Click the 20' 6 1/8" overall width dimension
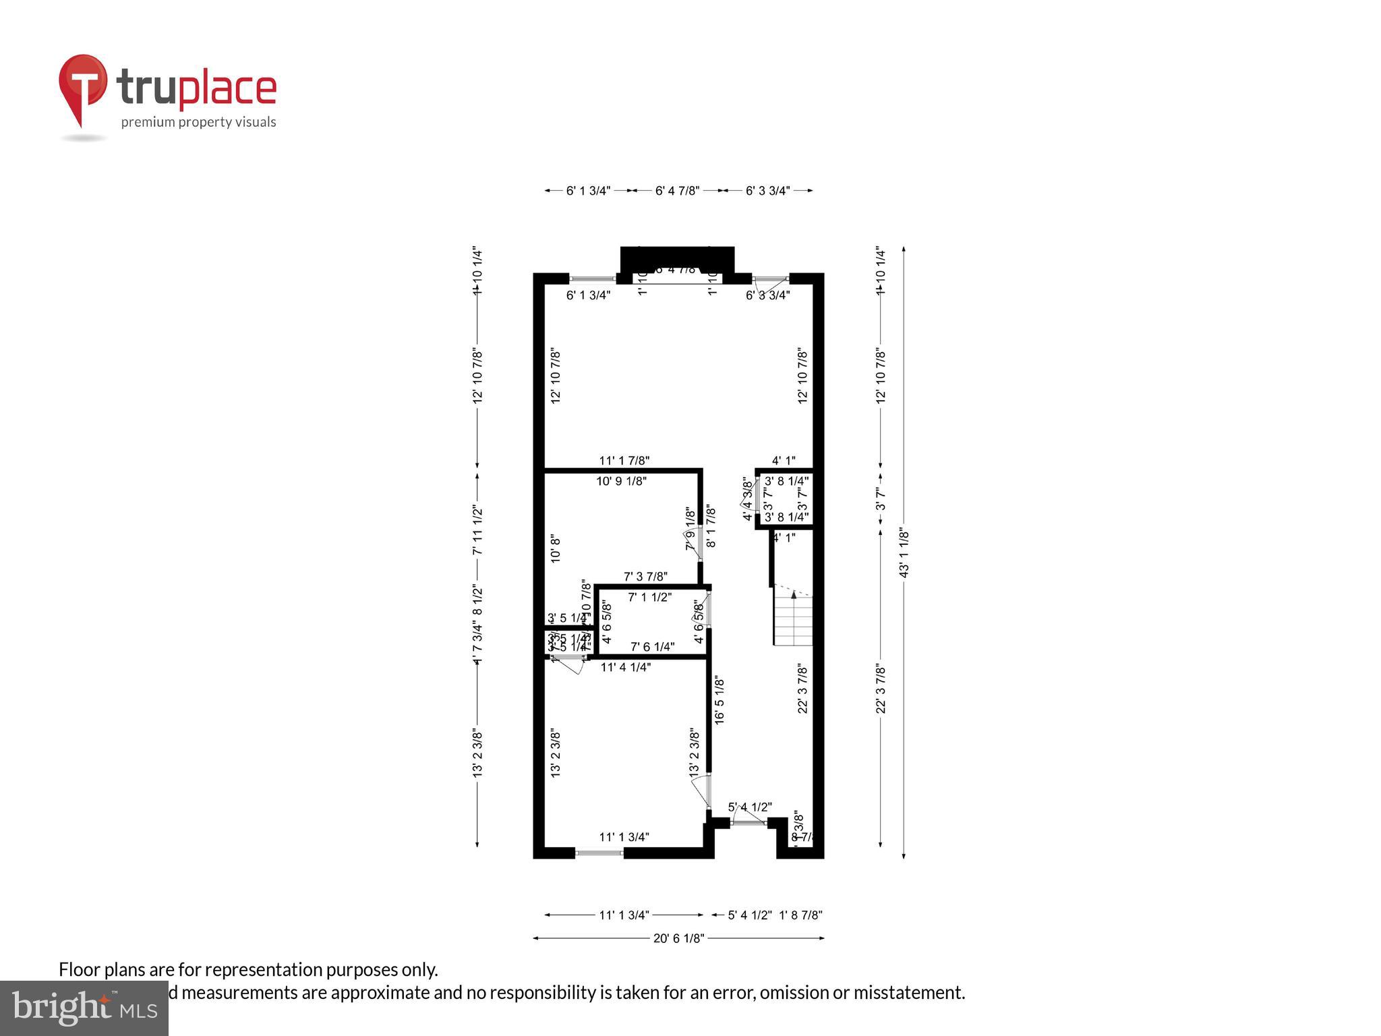(678, 938)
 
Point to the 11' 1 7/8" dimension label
(624, 461)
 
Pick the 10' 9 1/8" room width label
(621, 482)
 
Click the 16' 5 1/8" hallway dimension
(719, 700)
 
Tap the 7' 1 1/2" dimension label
(649, 597)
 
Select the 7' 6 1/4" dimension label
(652, 647)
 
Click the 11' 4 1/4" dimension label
(625, 667)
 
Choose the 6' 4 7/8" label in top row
(677, 191)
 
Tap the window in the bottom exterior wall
(599, 853)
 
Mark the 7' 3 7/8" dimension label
(645, 577)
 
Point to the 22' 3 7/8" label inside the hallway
(802, 688)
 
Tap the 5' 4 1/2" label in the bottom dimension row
(750, 915)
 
